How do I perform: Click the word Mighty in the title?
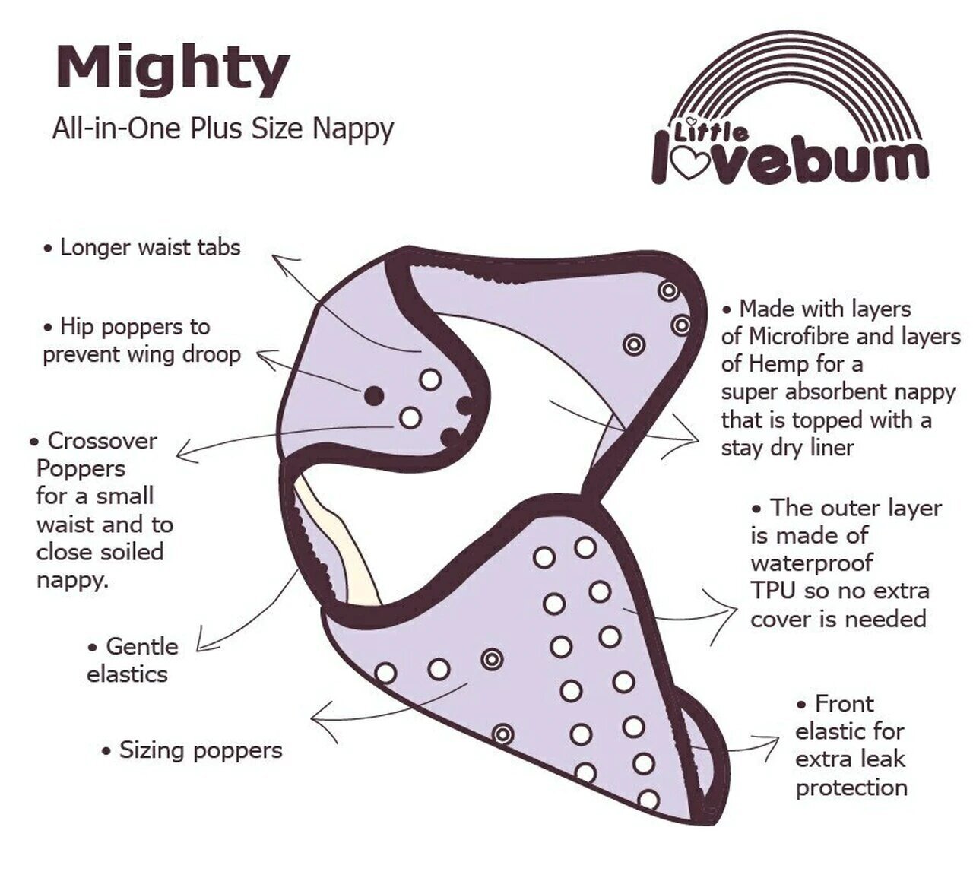(173, 71)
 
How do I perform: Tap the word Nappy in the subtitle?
(353, 130)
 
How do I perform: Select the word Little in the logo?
(711, 132)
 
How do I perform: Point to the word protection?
(851, 788)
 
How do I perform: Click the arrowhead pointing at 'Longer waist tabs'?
(283, 259)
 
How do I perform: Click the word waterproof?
(812, 563)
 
